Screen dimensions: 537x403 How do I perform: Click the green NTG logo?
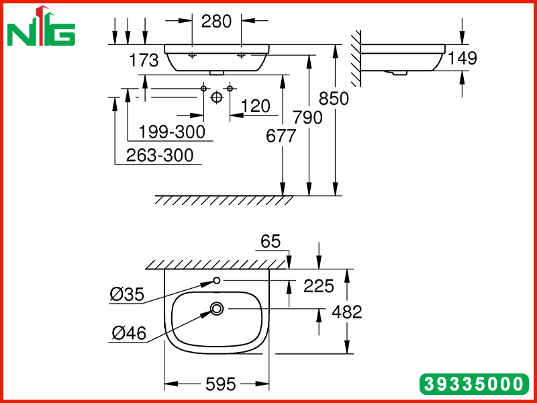[x=41, y=27]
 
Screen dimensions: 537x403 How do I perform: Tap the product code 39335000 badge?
[x=475, y=384]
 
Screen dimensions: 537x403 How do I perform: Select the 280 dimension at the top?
[x=216, y=21]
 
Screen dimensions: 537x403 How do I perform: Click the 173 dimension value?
[x=144, y=60]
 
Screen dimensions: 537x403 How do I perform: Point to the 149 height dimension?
[x=462, y=58]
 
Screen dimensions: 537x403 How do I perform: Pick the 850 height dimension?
[x=334, y=98]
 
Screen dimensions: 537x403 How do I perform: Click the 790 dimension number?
[x=307, y=118]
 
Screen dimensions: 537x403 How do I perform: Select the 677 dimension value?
[x=281, y=136]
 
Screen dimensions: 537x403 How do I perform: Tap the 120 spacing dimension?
[x=256, y=106]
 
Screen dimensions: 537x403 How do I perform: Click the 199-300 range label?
[x=172, y=132]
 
